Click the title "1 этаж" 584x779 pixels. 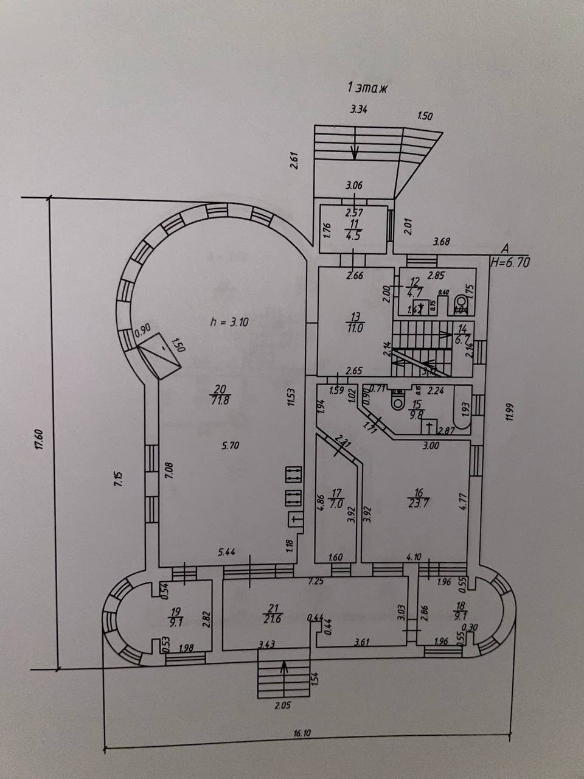coord(367,88)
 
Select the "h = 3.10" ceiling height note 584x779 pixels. coord(229,323)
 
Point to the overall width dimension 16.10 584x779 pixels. coord(302,734)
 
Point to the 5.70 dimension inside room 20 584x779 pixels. coord(231,445)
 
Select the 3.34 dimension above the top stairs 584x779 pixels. coord(360,110)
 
